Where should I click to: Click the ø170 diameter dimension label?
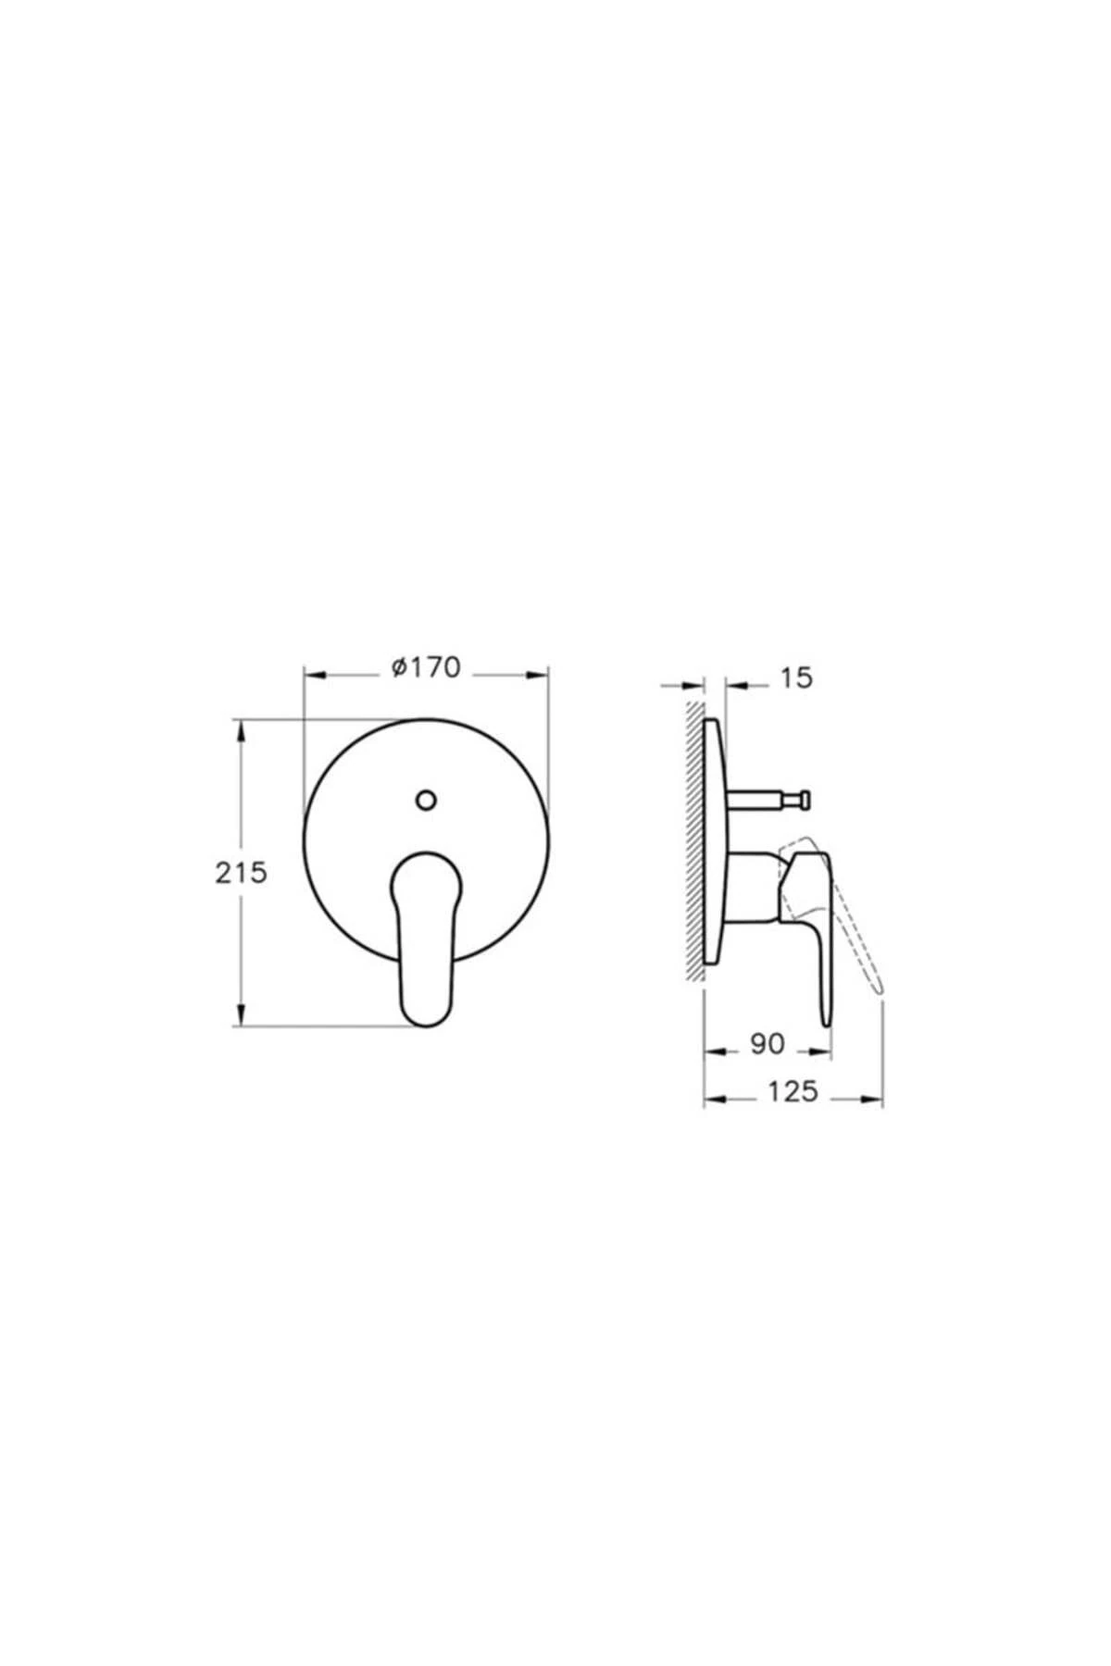pyautogui.click(x=425, y=667)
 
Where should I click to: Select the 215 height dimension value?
pyautogui.click(x=241, y=872)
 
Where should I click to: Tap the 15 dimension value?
pyautogui.click(x=795, y=678)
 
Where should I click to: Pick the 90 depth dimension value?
pyautogui.click(x=768, y=1045)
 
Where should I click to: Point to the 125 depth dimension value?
pyautogui.click(x=793, y=1092)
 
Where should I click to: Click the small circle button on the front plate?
pyautogui.click(x=426, y=800)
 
